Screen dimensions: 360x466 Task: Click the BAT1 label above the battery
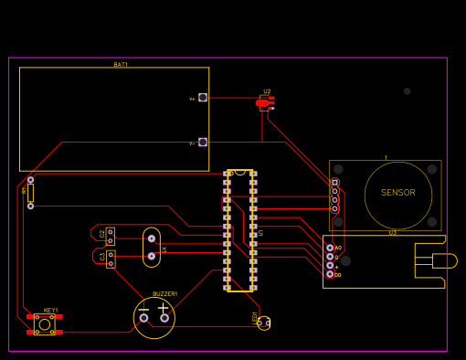(x=121, y=65)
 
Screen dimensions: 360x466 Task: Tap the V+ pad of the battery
(x=203, y=97)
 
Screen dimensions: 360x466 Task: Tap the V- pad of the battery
(x=203, y=142)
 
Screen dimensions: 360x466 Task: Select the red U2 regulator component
(x=263, y=103)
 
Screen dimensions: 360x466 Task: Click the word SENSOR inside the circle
(x=397, y=193)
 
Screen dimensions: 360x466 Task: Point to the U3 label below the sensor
(x=393, y=233)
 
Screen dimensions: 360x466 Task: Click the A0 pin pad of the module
(x=330, y=248)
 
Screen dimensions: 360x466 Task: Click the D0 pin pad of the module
(x=330, y=274)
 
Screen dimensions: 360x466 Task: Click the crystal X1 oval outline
(x=152, y=248)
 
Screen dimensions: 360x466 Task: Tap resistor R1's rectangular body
(x=30, y=193)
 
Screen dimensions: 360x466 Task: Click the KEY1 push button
(x=44, y=324)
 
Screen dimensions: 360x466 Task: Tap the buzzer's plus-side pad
(x=164, y=318)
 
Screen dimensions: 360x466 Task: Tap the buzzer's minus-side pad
(x=143, y=318)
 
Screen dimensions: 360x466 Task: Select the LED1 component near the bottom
(x=263, y=323)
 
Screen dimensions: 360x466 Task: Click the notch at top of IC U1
(x=239, y=172)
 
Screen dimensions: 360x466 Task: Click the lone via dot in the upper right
(x=407, y=91)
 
